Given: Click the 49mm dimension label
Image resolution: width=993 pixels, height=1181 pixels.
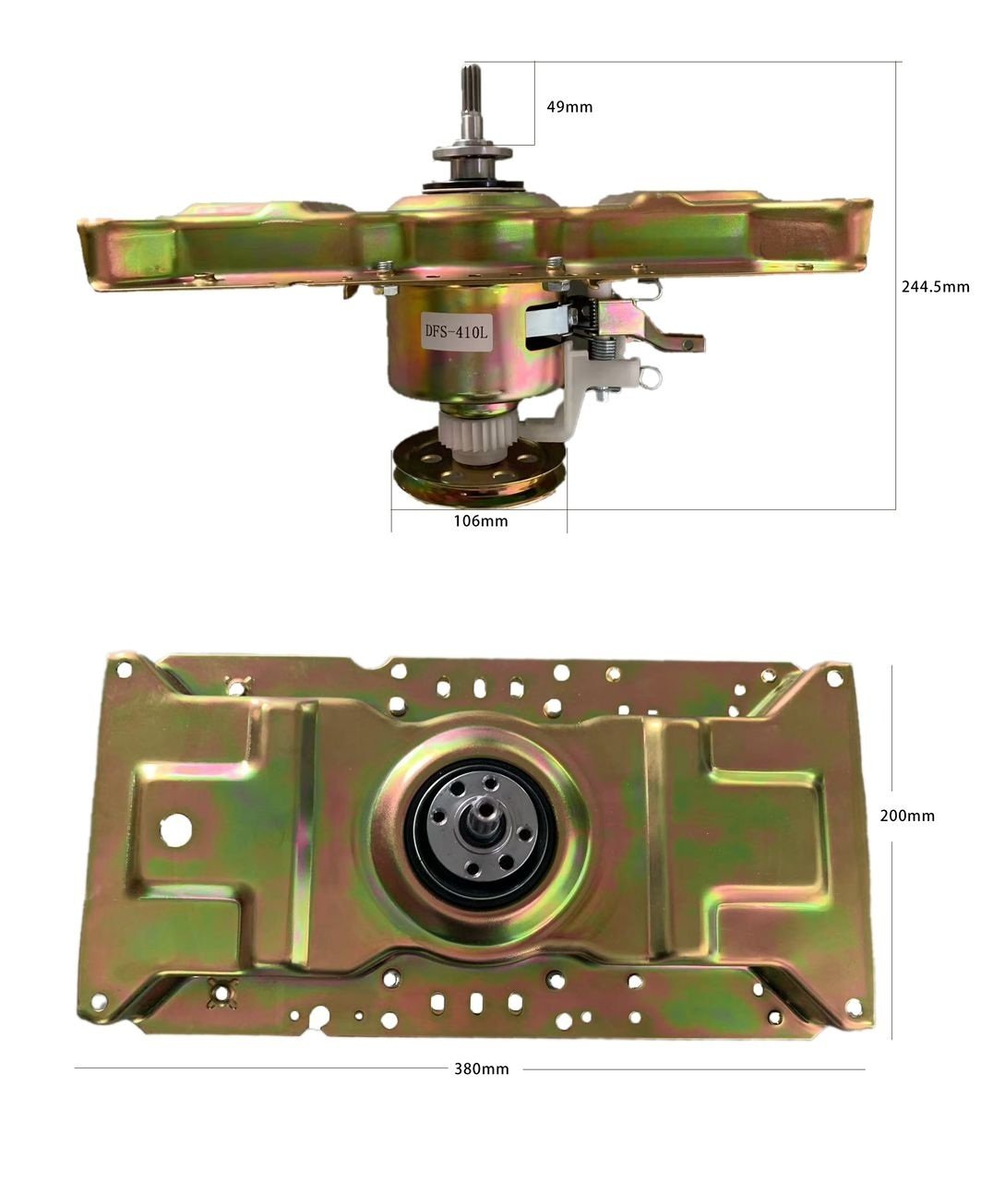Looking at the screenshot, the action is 569,107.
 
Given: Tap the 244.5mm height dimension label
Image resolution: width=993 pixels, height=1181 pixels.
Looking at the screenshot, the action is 935,287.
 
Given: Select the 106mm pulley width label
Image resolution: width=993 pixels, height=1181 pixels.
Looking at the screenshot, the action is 481,521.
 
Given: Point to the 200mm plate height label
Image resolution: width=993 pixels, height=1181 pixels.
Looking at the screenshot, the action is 907,816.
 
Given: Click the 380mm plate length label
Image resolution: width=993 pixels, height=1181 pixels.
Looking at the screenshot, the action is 482,1068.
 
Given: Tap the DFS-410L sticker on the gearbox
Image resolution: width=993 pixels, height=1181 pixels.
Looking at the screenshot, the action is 456,332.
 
